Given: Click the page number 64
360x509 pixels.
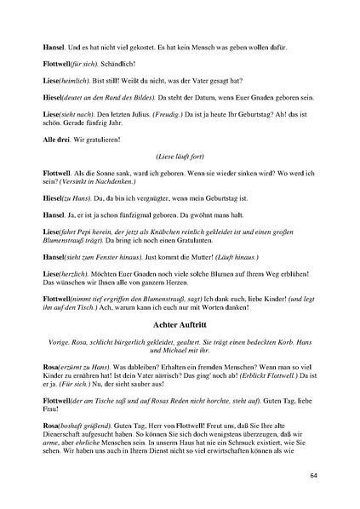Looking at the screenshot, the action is pyautogui.click(x=313, y=474).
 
